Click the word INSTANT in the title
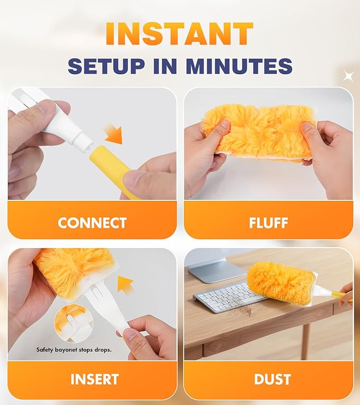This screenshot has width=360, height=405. click(x=180, y=33)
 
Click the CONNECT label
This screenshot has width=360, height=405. click(x=92, y=223)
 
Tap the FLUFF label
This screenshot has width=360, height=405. click(x=268, y=223)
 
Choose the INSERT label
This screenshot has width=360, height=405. click(x=94, y=379)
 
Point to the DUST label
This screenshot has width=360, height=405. click(x=273, y=379)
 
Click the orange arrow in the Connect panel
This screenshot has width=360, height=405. click(x=114, y=134)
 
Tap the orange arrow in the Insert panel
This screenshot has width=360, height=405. click(x=125, y=285)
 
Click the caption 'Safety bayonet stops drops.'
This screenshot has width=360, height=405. click(x=74, y=350)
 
